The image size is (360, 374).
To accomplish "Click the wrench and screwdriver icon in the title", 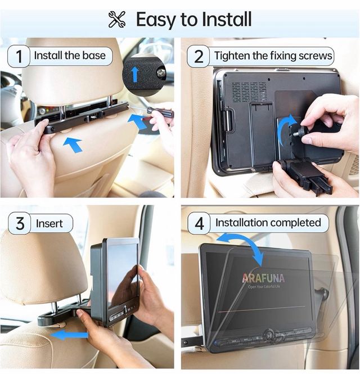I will pyautogui.click(x=117, y=19).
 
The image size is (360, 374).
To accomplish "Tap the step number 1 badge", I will pyautogui.click(x=19, y=56).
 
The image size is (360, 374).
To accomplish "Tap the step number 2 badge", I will pyautogui.click(x=199, y=56).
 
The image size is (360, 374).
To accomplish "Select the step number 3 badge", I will pyautogui.click(x=19, y=223).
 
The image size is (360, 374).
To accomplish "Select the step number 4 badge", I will pyautogui.click(x=199, y=223).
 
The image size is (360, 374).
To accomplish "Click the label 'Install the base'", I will pyautogui.click(x=69, y=56).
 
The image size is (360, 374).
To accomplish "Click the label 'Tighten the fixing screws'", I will pyautogui.click(x=272, y=56).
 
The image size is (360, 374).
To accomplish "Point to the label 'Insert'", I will pyautogui.click(x=49, y=223).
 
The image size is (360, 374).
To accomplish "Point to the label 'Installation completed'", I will pyautogui.click(x=268, y=223).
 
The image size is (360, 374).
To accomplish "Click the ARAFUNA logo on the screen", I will pyautogui.click(x=263, y=277).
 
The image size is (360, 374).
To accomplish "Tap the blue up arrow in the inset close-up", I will pyautogui.click(x=135, y=73).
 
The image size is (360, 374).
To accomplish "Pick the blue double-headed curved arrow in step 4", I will pyautogui.click(x=242, y=247).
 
